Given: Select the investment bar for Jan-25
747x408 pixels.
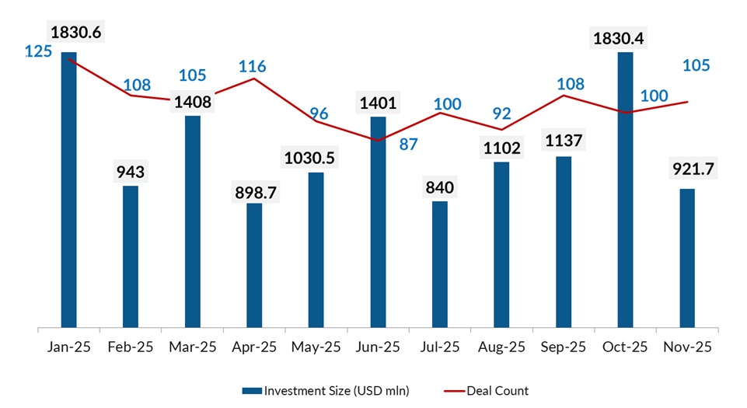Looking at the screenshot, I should point(69,190).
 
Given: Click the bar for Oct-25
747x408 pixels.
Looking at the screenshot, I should point(626,190).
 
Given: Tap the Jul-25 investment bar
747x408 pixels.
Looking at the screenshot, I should point(440,264).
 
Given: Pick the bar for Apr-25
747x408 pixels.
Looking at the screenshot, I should point(254,265).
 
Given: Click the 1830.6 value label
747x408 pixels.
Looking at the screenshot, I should point(75,33).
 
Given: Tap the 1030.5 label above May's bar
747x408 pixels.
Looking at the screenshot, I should point(316,158).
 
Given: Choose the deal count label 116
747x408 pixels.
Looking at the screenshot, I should point(252,67).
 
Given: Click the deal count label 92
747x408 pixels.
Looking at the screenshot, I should point(501,114).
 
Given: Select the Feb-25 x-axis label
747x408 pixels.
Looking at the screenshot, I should point(131,347).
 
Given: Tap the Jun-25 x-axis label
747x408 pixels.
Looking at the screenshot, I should point(378,347).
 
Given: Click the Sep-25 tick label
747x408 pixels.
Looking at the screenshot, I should point(564,347).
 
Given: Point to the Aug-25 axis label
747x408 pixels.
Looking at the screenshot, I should point(501,347).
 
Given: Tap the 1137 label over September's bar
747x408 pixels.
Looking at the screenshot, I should point(564,142).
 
